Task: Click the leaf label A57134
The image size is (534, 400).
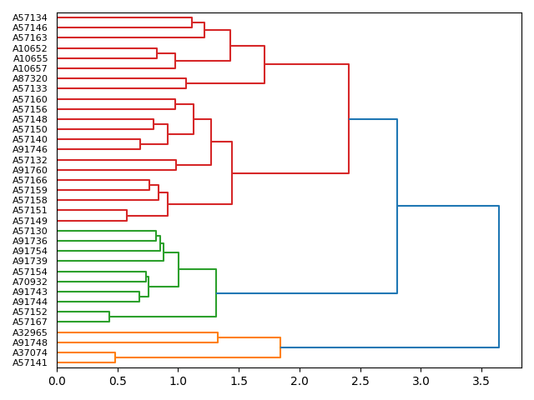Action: pyautogui.click(x=30, y=17)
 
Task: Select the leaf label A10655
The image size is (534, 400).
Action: pyautogui.click(x=30, y=58)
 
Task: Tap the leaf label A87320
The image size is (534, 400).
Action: pyautogui.click(x=30, y=78)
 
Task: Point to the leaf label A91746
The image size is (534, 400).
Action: pyautogui.click(x=30, y=149)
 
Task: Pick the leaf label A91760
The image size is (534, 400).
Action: pyautogui.click(x=30, y=170)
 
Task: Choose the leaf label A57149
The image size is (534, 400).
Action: pyautogui.click(x=30, y=221)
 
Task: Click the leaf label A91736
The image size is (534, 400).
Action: pyautogui.click(x=30, y=241)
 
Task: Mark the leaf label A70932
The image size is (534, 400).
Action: pyautogui.click(x=30, y=282)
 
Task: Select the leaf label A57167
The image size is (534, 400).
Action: pyautogui.click(x=30, y=322)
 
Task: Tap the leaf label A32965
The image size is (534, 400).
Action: pyautogui.click(x=30, y=332)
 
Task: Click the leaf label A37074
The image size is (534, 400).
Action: pyautogui.click(x=30, y=352)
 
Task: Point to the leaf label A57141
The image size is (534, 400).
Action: pyautogui.click(x=30, y=362)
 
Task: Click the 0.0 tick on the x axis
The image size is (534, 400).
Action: pyautogui.click(x=57, y=381)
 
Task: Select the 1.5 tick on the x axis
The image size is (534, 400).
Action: pyautogui.click(x=239, y=381)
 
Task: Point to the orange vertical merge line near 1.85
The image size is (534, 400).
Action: pyautogui.click(x=280, y=347)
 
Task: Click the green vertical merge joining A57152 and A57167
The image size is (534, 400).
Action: pyautogui.click(x=109, y=317)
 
